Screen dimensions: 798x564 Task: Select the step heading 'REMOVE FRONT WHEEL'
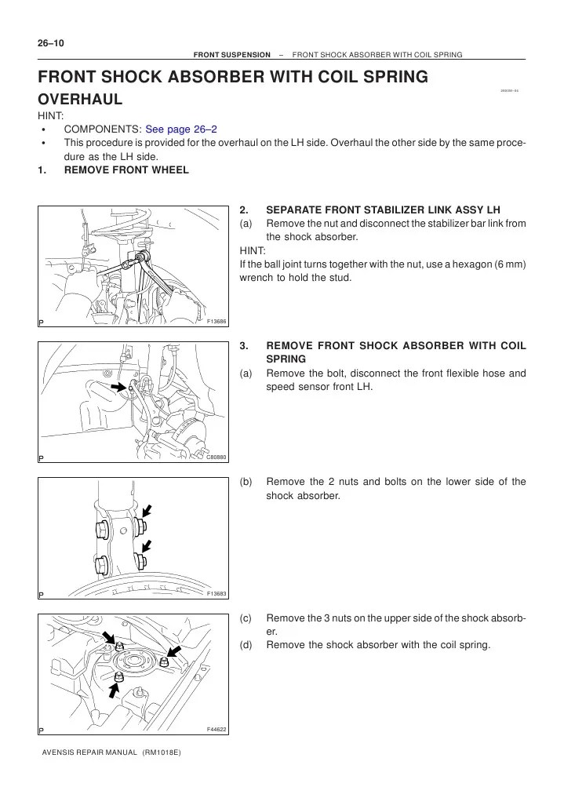(x=126, y=170)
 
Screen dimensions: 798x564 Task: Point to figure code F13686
(x=217, y=322)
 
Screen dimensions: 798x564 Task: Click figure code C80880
(x=216, y=457)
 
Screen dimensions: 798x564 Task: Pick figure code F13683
(x=217, y=593)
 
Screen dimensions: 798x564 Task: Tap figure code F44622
(x=217, y=729)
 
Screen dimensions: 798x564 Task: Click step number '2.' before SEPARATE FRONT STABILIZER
(x=244, y=210)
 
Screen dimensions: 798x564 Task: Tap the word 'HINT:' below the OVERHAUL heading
(x=52, y=115)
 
